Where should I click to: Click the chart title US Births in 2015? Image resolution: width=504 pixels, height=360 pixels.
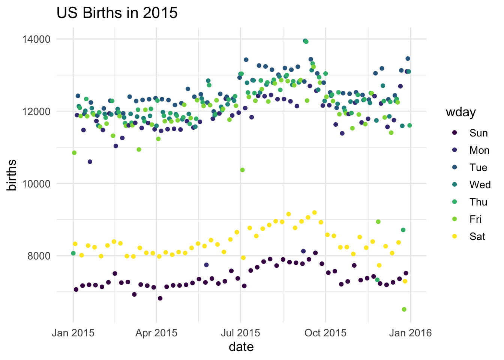pyautogui.click(x=117, y=13)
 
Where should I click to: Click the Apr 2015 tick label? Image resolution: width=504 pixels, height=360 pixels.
pyautogui.click(x=156, y=333)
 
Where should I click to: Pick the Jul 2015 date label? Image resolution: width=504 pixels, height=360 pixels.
pyautogui.click(x=240, y=333)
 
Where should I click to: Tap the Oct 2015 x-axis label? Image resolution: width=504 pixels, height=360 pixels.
pyautogui.click(x=325, y=333)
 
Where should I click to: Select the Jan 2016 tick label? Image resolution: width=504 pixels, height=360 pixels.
pyautogui.click(x=410, y=333)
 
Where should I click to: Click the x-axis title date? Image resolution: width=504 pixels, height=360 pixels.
pyautogui.click(x=241, y=347)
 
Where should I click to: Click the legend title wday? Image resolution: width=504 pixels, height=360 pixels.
pyautogui.click(x=460, y=112)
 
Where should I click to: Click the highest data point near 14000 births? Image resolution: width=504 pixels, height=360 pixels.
pyautogui.click(x=305, y=41)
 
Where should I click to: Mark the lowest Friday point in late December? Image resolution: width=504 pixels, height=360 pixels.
pyautogui.click(x=404, y=309)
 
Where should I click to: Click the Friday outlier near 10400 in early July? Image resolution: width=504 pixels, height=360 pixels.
pyautogui.click(x=242, y=170)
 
